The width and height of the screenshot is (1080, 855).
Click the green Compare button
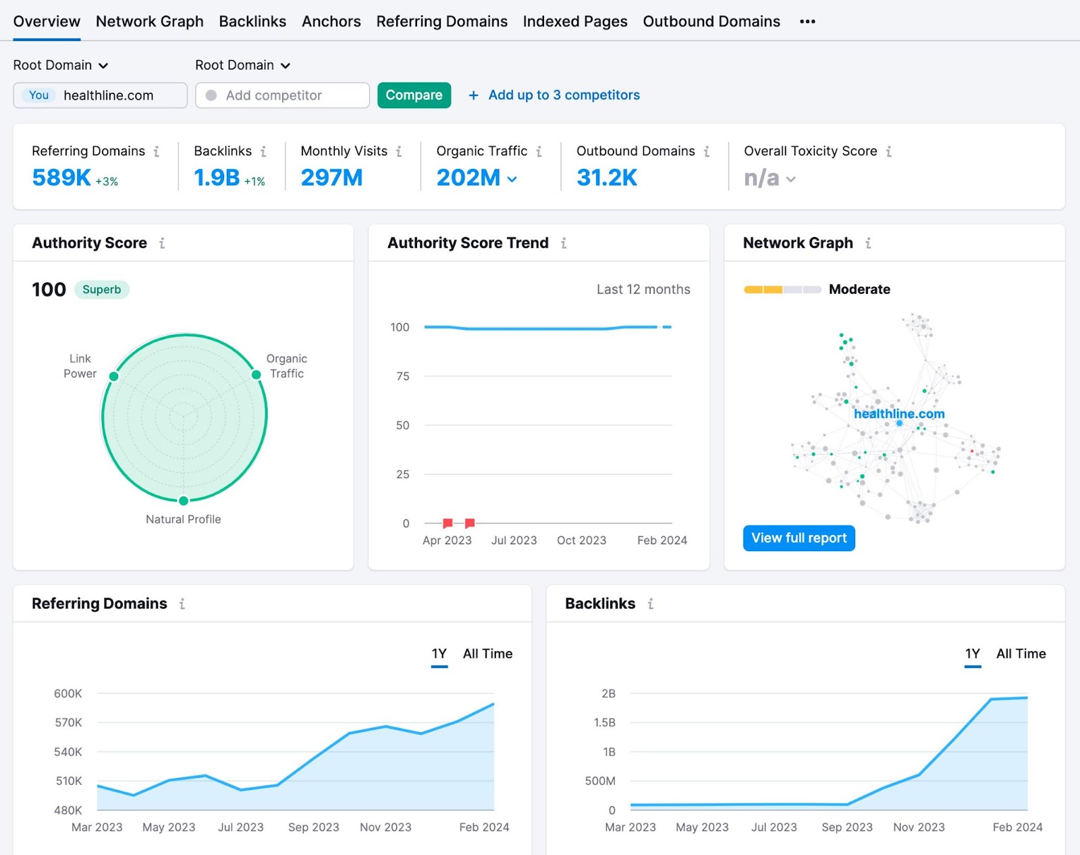414,95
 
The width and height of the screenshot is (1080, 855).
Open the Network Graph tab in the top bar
149,22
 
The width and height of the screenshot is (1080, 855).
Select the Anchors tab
331,22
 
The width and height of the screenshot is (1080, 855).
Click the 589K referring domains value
61,178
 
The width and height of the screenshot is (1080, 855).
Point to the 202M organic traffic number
468,178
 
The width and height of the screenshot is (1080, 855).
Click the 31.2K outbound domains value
606,178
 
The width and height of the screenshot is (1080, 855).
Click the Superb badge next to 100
101,290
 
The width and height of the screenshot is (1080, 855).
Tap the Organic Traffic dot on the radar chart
256,375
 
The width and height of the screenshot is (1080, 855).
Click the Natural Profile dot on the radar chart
184,500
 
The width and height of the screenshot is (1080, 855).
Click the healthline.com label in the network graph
898,413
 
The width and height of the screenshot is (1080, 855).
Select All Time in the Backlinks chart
1021,654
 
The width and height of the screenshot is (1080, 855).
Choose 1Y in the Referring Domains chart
439,654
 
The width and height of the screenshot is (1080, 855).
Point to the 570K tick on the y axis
68,723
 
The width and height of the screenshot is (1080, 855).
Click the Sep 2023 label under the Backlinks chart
846,827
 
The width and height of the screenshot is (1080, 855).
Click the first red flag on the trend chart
448,523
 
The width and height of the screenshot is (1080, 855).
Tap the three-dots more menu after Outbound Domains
807,22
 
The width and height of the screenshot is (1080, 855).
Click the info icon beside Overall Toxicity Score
889,151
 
